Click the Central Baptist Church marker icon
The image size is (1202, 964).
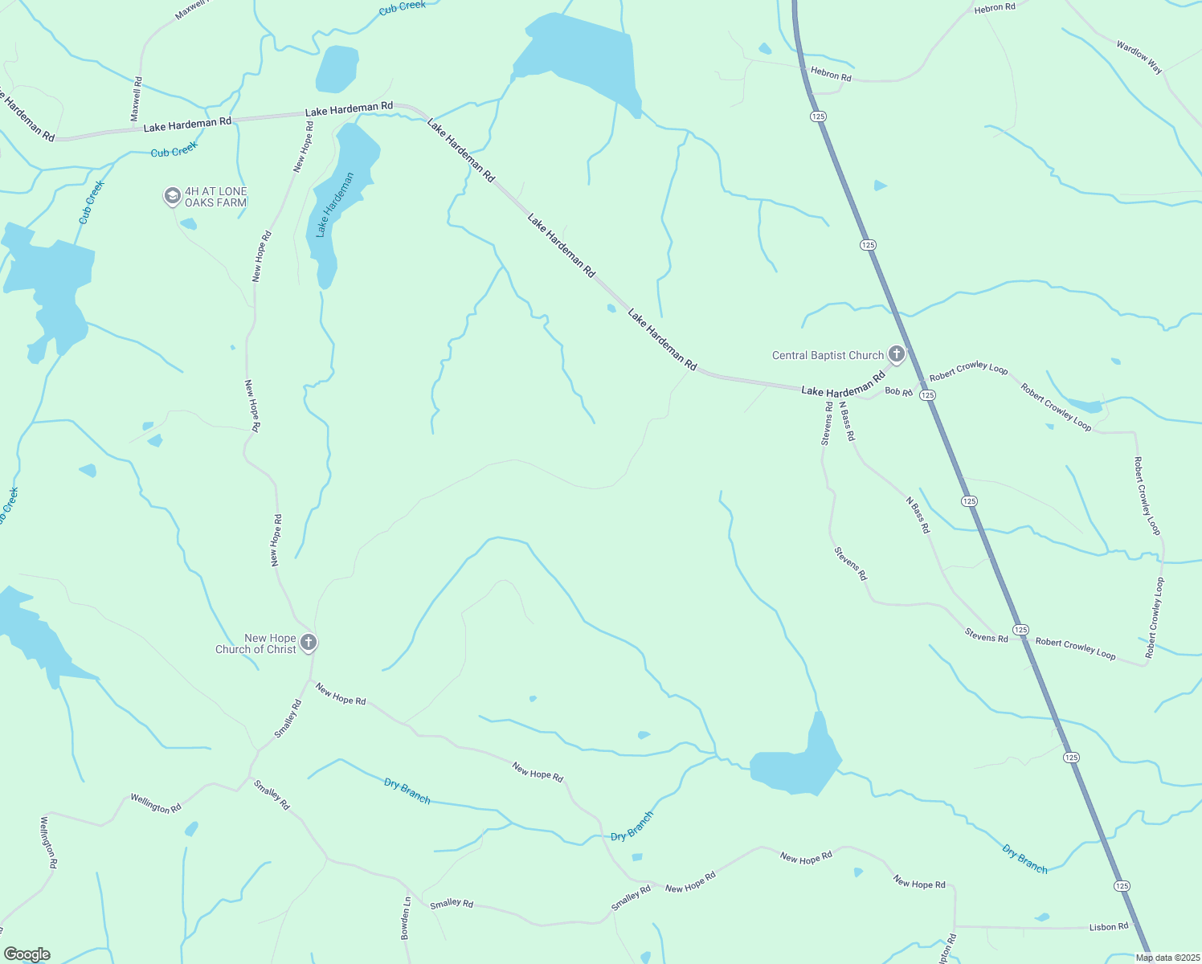click(897, 354)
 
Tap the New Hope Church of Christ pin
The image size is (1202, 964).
click(309, 643)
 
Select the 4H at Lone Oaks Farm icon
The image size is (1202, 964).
click(172, 196)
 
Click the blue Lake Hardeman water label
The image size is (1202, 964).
click(335, 206)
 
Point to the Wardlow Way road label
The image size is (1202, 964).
click(1139, 57)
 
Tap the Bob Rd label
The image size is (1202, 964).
click(898, 392)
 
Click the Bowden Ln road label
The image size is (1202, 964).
click(407, 918)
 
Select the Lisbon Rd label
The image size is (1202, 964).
click(1109, 927)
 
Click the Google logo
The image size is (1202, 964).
click(27, 954)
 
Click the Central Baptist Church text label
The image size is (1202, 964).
click(828, 355)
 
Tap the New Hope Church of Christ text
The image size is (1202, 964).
click(256, 643)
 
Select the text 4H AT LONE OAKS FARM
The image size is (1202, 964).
click(216, 197)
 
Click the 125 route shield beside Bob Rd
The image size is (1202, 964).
click(928, 394)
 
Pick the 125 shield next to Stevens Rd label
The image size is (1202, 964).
click(1020, 630)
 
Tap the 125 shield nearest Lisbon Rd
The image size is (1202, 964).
click(1122, 885)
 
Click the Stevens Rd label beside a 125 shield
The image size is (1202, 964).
click(987, 638)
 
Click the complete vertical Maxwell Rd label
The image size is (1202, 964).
click(137, 99)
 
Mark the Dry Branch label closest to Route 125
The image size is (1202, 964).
click(1025, 859)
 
